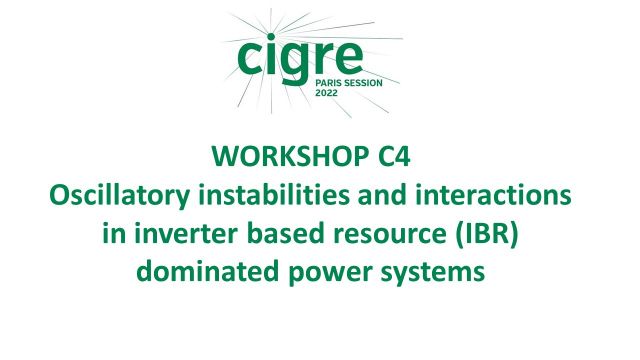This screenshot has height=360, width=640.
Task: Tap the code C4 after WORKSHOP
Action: [x=406, y=157]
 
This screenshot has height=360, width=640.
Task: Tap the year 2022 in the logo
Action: [x=327, y=90]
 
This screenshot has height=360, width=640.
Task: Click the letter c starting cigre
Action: [x=250, y=57]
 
